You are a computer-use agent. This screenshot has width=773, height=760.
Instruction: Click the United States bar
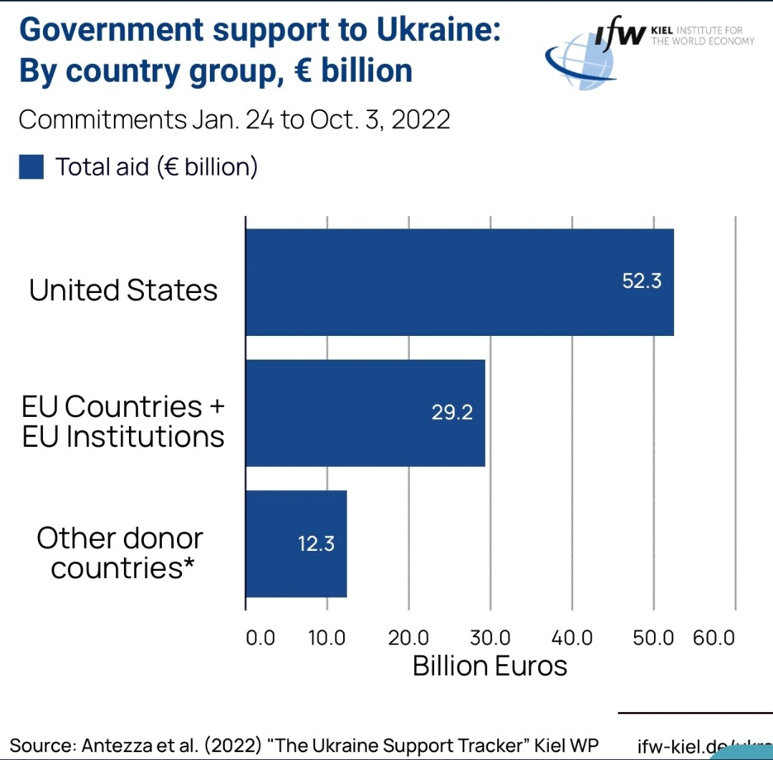coord(458,282)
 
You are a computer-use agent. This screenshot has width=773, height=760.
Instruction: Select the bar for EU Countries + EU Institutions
coord(365,413)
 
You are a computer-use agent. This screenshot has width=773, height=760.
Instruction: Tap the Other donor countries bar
coord(295,544)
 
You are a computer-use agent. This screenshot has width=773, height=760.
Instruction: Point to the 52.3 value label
coord(642,281)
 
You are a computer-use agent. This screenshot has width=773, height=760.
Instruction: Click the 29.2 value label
coord(452,413)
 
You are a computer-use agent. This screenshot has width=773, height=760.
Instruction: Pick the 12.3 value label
coord(316,544)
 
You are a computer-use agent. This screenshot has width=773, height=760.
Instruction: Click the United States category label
coord(123,290)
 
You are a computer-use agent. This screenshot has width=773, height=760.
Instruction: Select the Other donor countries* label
coord(120,553)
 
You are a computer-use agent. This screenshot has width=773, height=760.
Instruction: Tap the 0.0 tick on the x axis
coord(260,638)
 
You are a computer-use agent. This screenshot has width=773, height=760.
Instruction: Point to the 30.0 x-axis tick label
coord(490,638)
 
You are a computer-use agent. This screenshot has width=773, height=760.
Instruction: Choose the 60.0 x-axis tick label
coord(714,638)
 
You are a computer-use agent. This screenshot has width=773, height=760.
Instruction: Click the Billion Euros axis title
coord(490,666)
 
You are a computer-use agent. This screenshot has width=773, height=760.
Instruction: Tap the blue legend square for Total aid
coord(32,168)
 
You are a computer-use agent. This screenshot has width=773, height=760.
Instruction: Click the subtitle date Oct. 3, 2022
coord(380,120)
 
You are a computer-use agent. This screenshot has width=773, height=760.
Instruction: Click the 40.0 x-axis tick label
coord(572,638)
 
